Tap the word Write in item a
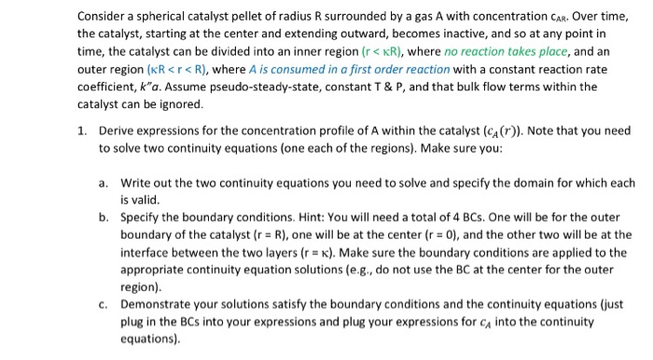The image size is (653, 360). (x=135, y=183)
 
